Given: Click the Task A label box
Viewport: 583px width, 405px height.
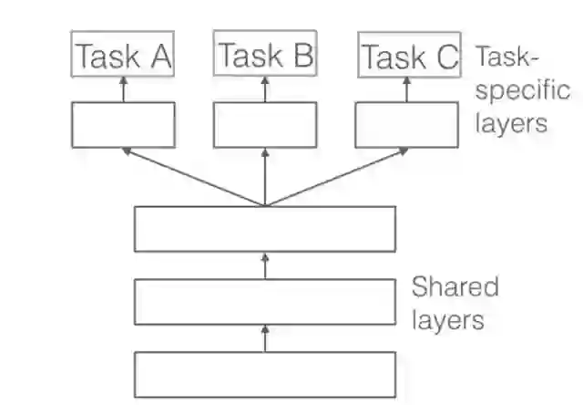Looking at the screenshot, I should coord(123,56).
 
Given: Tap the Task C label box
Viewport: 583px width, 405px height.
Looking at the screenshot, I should coord(407,57).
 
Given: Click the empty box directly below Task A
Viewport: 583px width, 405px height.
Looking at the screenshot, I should coord(123,124).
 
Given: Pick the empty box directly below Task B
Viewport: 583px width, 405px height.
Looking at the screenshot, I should coord(265,124).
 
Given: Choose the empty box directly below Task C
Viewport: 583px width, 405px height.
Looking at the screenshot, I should coord(406,124).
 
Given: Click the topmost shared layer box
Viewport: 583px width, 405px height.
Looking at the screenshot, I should coord(265,229).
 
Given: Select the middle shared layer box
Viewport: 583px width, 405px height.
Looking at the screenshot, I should coord(265,302).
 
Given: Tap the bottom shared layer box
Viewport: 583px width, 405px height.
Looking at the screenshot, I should coord(265,374).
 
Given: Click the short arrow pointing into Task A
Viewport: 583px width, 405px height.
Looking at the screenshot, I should coord(124,88).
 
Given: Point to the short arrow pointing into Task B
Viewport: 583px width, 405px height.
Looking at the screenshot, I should coord(266,88).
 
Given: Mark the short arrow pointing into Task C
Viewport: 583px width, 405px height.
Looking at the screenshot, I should coord(407,88).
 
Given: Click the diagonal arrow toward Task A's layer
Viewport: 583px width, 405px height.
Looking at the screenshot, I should coord(193,176).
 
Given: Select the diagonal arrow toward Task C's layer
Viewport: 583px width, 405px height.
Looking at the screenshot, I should coord(337,176).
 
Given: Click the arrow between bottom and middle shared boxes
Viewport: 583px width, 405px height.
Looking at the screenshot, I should coord(265,338).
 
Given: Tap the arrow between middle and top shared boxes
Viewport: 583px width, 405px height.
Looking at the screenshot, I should coord(265,265).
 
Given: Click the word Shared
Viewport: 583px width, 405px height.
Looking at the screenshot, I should coord(455,287).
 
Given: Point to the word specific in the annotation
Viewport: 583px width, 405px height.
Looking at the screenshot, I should coord(522,91).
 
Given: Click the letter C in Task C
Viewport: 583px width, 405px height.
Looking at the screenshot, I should coord(445,57).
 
